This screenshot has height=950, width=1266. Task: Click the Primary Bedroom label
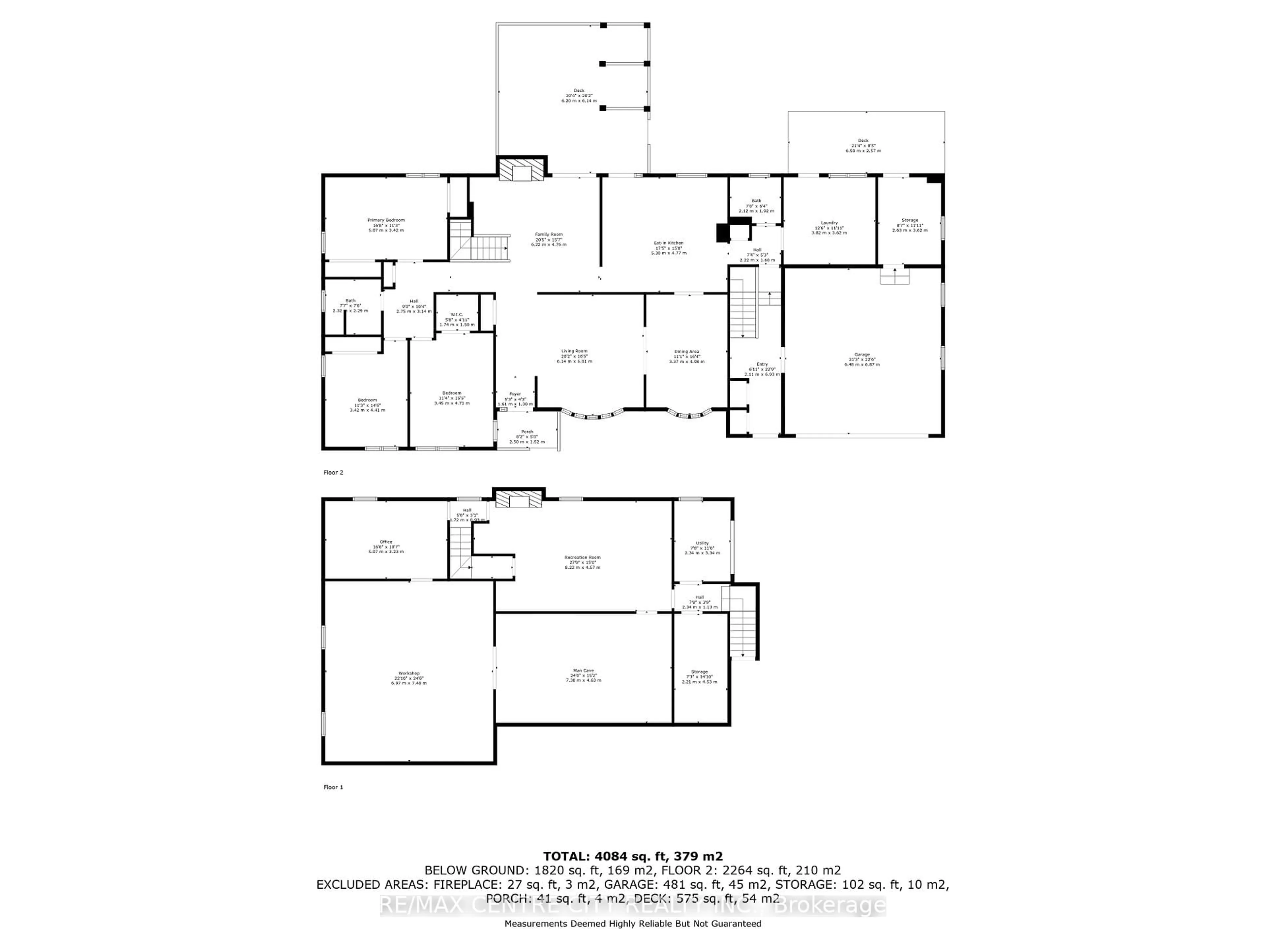386,225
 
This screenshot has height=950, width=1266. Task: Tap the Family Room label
548,239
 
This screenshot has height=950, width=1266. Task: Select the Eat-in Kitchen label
669,247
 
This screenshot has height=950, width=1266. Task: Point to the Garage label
861,359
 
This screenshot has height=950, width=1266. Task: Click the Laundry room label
829,227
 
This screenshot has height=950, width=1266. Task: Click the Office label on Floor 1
386,546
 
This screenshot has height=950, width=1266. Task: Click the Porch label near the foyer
527,436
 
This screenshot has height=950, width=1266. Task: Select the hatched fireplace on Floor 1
518,499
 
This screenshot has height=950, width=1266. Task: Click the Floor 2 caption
333,472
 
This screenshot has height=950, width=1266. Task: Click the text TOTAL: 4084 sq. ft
632,872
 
